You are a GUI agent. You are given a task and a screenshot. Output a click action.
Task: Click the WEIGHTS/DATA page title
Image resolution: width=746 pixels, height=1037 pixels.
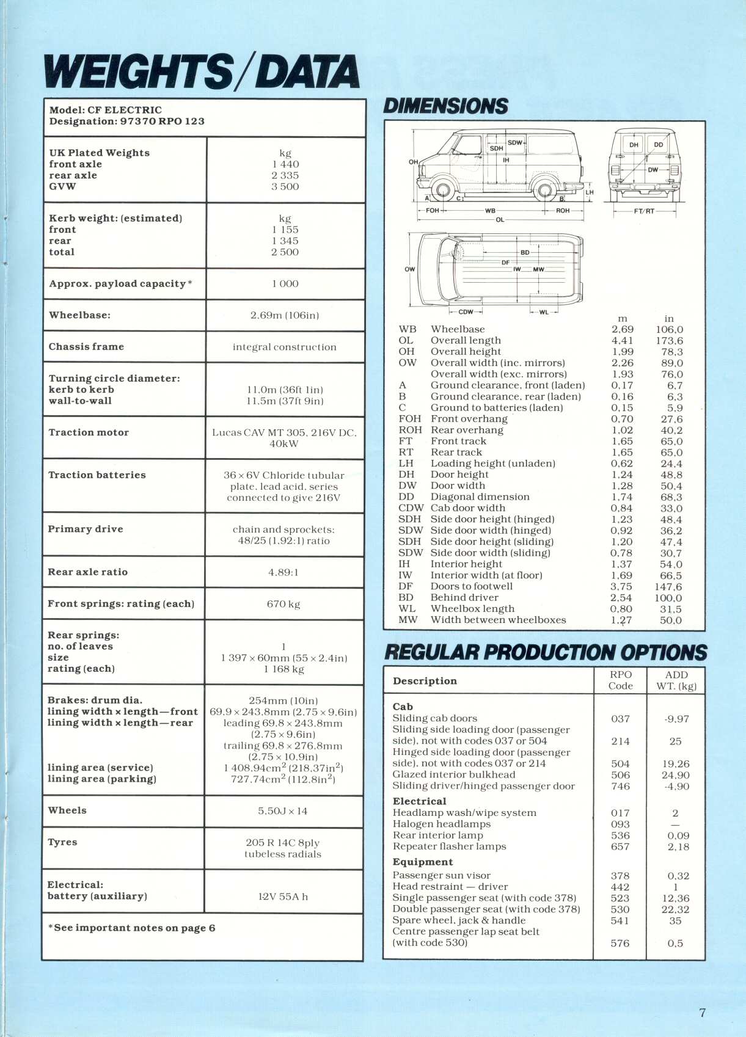pos(202,71)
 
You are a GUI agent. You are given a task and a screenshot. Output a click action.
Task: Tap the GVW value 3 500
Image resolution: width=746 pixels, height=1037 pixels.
pos(285,187)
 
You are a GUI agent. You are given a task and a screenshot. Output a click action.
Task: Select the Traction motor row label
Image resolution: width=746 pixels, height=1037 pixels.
pos(89,432)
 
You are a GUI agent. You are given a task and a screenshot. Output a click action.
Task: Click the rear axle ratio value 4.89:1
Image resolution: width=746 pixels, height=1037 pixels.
pos(283,572)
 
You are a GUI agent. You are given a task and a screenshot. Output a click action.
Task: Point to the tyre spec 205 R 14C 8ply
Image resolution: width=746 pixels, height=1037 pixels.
pos(282,843)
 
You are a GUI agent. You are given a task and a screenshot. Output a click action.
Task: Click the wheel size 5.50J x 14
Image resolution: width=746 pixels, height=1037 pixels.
pos(282,811)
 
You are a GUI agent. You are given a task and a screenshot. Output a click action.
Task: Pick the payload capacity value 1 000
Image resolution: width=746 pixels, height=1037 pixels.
pos(285,284)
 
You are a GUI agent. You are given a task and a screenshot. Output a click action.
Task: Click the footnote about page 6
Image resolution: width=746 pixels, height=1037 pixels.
pos(131,928)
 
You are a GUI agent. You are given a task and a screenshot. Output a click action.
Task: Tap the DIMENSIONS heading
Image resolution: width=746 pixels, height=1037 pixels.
pos(445,106)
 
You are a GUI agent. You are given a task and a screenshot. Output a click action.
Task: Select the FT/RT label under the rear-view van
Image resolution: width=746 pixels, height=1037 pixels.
pos(644,211)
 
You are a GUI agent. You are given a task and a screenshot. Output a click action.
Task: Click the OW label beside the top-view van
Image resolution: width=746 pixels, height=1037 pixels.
pos(409,269)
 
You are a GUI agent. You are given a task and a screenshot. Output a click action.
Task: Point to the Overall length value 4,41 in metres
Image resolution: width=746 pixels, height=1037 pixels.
pos(622,341)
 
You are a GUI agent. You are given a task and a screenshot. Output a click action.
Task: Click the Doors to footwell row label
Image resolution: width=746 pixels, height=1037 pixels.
pos(472,586)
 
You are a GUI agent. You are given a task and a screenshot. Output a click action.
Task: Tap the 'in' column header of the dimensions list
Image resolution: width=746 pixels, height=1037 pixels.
pos(669,319)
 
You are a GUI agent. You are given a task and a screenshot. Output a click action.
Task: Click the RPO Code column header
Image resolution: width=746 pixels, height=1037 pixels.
pos(620,680)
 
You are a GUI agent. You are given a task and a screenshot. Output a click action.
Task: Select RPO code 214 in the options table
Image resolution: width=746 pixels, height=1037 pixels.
pos(620,741)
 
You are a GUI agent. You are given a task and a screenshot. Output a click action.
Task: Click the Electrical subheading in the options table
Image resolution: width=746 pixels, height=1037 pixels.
pos(419,801)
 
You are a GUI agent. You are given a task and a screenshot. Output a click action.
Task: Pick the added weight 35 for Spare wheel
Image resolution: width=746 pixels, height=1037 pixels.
pos(675,921)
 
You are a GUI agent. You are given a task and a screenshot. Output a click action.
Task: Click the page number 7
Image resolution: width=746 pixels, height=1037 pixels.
pos(702,1013)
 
